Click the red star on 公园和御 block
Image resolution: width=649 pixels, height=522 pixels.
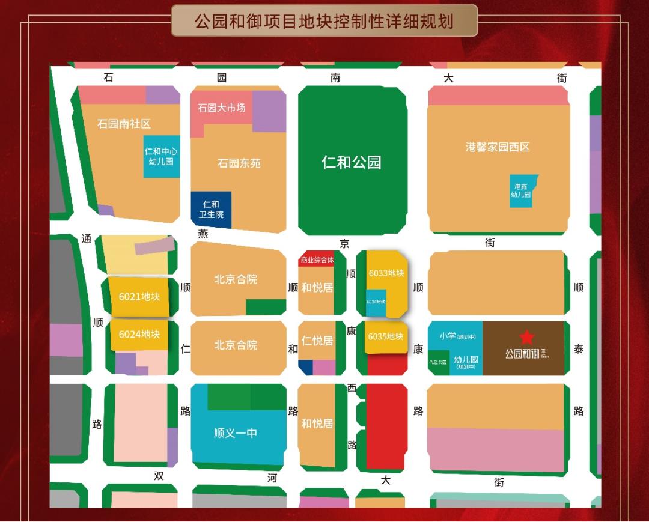click(x=526, y=337)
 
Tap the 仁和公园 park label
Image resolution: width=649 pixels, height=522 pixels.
click(x=352, y=162)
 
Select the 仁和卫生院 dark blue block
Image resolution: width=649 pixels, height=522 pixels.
click(x=211, y=210)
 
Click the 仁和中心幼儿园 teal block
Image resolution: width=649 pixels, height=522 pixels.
click(x=161, y=156)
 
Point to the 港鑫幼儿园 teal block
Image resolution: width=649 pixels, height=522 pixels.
click(x=521, y=190)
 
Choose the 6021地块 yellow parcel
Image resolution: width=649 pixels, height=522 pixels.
click(x=139, y=296)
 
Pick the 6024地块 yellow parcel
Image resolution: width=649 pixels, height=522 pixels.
click(x=139, y=335)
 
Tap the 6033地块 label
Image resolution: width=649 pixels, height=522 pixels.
click(x=386, y=273)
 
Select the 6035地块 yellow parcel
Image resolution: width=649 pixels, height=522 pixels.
click(x=385, y=336)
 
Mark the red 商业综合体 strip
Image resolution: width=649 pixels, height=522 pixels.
click(x=317, y=260)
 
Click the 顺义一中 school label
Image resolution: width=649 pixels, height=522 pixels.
click(x=236, y=432)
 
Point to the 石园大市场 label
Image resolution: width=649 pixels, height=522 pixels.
click(x=222, y=108)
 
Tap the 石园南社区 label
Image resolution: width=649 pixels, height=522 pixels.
click(x=124, y=124)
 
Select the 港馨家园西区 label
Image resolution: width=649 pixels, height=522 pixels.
click(x=498, y=147)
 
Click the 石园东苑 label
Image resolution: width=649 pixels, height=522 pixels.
click(x=239, y=163)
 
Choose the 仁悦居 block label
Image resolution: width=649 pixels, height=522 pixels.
click(x=317, y=341)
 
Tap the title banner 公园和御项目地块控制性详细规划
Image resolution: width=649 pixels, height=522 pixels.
click(x=324, y=22)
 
